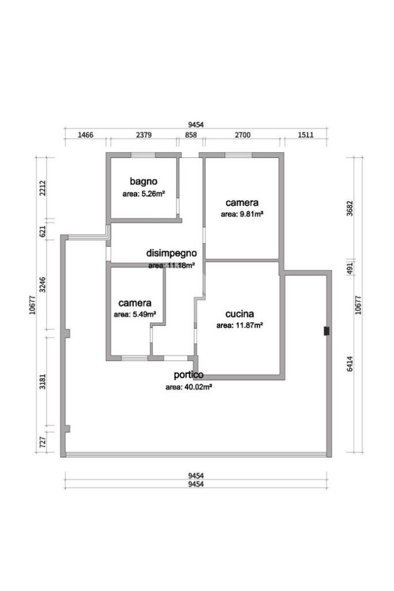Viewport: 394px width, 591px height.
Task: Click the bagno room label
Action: point(143,181)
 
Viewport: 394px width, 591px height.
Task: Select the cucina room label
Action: point(239,314)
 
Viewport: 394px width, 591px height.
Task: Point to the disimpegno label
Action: point(171,253)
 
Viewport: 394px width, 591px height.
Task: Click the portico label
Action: point(189,375)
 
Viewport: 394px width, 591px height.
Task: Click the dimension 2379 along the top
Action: point(144,135)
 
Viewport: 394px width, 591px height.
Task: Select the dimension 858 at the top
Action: point(191,135)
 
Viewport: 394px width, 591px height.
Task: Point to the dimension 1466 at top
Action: point(85,135)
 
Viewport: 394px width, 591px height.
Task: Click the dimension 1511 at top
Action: point(305,135)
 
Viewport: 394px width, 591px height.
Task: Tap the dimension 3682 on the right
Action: point(350,208)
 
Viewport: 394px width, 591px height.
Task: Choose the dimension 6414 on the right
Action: point(350,364)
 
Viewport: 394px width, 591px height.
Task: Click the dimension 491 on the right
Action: point(350,268)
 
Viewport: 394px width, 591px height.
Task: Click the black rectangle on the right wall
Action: point(327,331)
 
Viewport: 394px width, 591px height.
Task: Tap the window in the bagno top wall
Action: point(143,155)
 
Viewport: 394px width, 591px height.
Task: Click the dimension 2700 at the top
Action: point(242,135)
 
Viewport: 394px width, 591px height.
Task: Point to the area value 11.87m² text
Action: point(239,325)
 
